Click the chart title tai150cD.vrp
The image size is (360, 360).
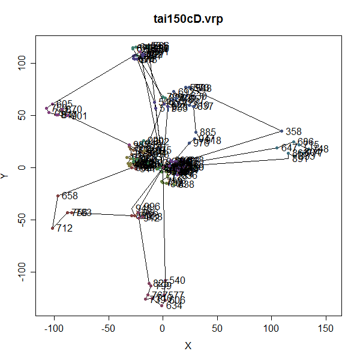coord(188,19)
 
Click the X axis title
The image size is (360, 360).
coord(188,346)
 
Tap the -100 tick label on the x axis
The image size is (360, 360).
coord(54,329)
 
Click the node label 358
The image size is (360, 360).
coord(293,131)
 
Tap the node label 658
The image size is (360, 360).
coord(70,196)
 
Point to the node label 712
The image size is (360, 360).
coord(64,229)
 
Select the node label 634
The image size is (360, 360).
coord(174,306)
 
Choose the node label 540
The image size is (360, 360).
coord(178,280)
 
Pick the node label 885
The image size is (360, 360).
coord(208,132)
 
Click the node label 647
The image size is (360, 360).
coord(289,148)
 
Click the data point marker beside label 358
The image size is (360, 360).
coord(281,131)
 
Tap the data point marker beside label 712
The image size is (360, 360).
coord(53,228)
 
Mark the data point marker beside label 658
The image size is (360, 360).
coord(58,196)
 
